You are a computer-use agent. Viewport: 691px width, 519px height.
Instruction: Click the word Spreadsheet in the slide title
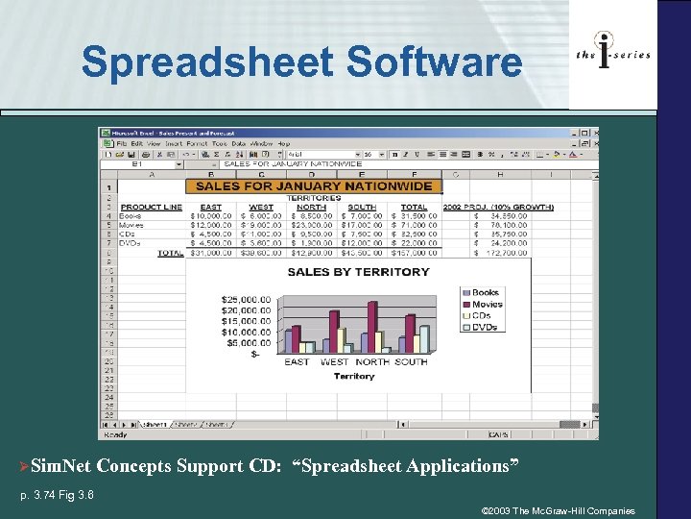[x=206, y=63]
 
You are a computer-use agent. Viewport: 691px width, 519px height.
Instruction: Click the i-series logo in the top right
[x=612, y=54]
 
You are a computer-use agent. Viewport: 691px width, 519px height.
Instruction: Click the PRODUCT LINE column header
[x=152, y=207]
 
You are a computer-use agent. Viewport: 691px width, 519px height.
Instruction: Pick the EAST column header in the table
[x=210, y=207]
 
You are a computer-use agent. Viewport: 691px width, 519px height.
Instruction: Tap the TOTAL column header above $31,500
[x=414, y=207]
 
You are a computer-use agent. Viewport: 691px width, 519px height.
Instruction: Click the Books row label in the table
[x=131, y=216]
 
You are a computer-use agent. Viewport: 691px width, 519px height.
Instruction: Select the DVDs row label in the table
[x=131, y=243]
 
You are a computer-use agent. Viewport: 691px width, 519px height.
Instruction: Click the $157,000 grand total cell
[x=415, y=253]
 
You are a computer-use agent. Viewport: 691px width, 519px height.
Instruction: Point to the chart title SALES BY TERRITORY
[x=358, y=272]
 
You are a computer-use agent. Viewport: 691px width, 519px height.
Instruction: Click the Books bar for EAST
[x=288, y=342]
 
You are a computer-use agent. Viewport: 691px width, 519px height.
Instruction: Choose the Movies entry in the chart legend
[x=487, y=304]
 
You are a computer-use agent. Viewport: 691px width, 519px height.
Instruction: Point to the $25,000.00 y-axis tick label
[x=241, y=298]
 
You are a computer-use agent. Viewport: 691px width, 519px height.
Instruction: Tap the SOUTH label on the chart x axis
[x=410, y=362]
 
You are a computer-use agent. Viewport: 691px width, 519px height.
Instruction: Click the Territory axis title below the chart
[x=353, y=377]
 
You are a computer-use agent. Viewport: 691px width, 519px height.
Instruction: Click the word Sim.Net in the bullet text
[x=60, y=467]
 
